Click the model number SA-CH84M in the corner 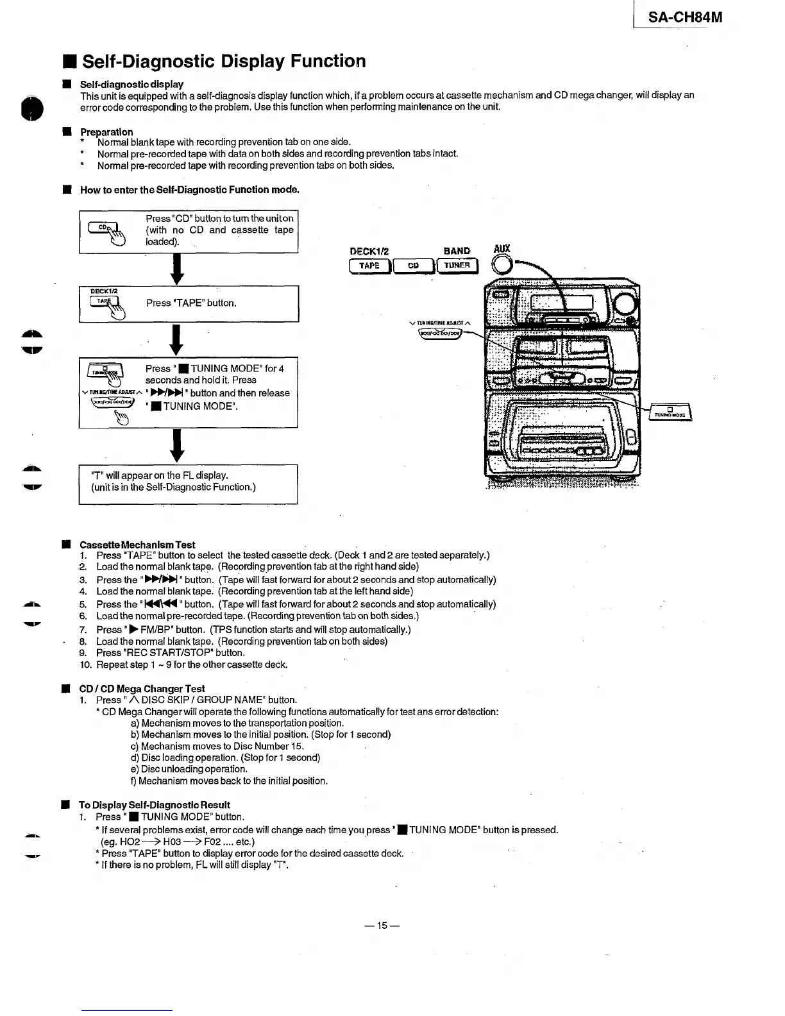684,18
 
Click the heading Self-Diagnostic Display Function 224,62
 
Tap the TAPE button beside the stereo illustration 369,266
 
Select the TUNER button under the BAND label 457,266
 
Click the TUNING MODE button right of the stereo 670,412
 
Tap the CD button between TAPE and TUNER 414,266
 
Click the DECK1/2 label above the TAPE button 369,251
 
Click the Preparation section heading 106,132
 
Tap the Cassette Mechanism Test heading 137,545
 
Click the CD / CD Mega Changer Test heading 142,689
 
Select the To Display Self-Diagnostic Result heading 154,805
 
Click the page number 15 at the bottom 382,926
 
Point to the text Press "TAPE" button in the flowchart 191,303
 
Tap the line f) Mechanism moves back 229,781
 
